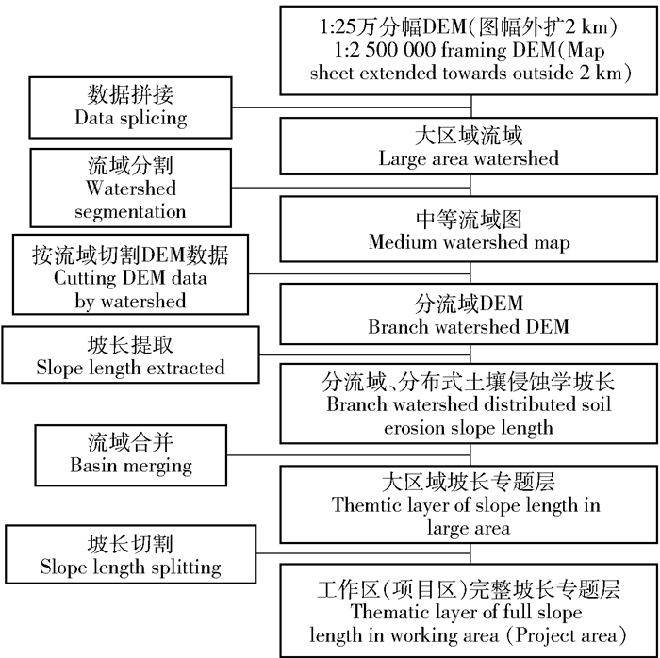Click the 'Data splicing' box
tap(131, 107)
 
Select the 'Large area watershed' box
tap(468, 146)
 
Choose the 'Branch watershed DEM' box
tap(468, 315)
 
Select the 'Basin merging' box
tap(131, 452)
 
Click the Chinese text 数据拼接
tap(131, 95)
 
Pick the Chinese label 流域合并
tap(131, 441)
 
